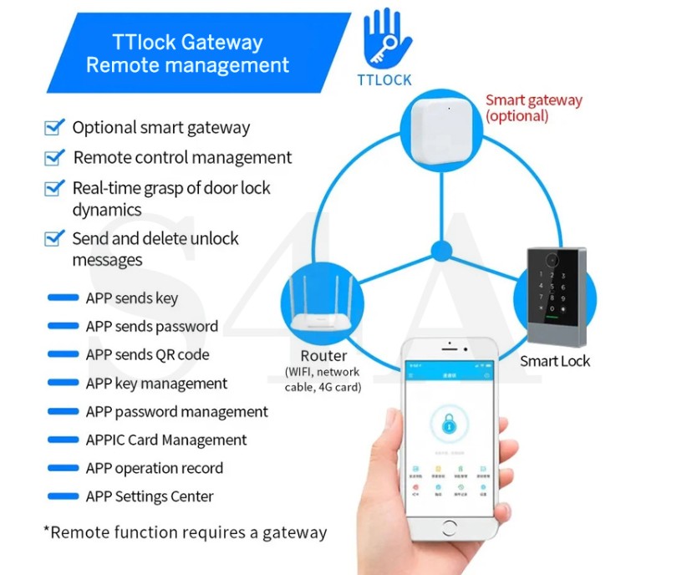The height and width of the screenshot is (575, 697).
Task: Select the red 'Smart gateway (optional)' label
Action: pos(533,108)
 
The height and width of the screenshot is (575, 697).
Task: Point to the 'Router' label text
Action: pos(323,355)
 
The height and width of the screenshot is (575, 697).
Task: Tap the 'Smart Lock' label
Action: pos(554,361)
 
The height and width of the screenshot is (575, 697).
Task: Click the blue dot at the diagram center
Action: pos(440,249)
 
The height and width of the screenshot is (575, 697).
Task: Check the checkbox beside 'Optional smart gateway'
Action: pos(54,127)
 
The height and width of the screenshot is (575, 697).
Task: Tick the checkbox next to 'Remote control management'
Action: pos(54,157)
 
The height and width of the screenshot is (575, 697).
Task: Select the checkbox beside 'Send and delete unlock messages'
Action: pos(54,238)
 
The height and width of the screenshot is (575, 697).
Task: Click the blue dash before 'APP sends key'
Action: pos(64,298)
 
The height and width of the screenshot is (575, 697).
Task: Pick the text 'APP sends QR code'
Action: pos(147,354)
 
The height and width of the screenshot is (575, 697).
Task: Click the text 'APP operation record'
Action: pos(154,468)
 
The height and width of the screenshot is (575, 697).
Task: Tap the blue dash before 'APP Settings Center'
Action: pos(64,496)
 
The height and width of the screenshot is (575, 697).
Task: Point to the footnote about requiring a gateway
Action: pos(185,532)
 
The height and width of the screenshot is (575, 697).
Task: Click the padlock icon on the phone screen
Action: pos(450,424)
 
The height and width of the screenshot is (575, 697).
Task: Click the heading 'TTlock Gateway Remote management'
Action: pos(187,53)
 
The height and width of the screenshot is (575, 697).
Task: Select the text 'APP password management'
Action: pos(176,411)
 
